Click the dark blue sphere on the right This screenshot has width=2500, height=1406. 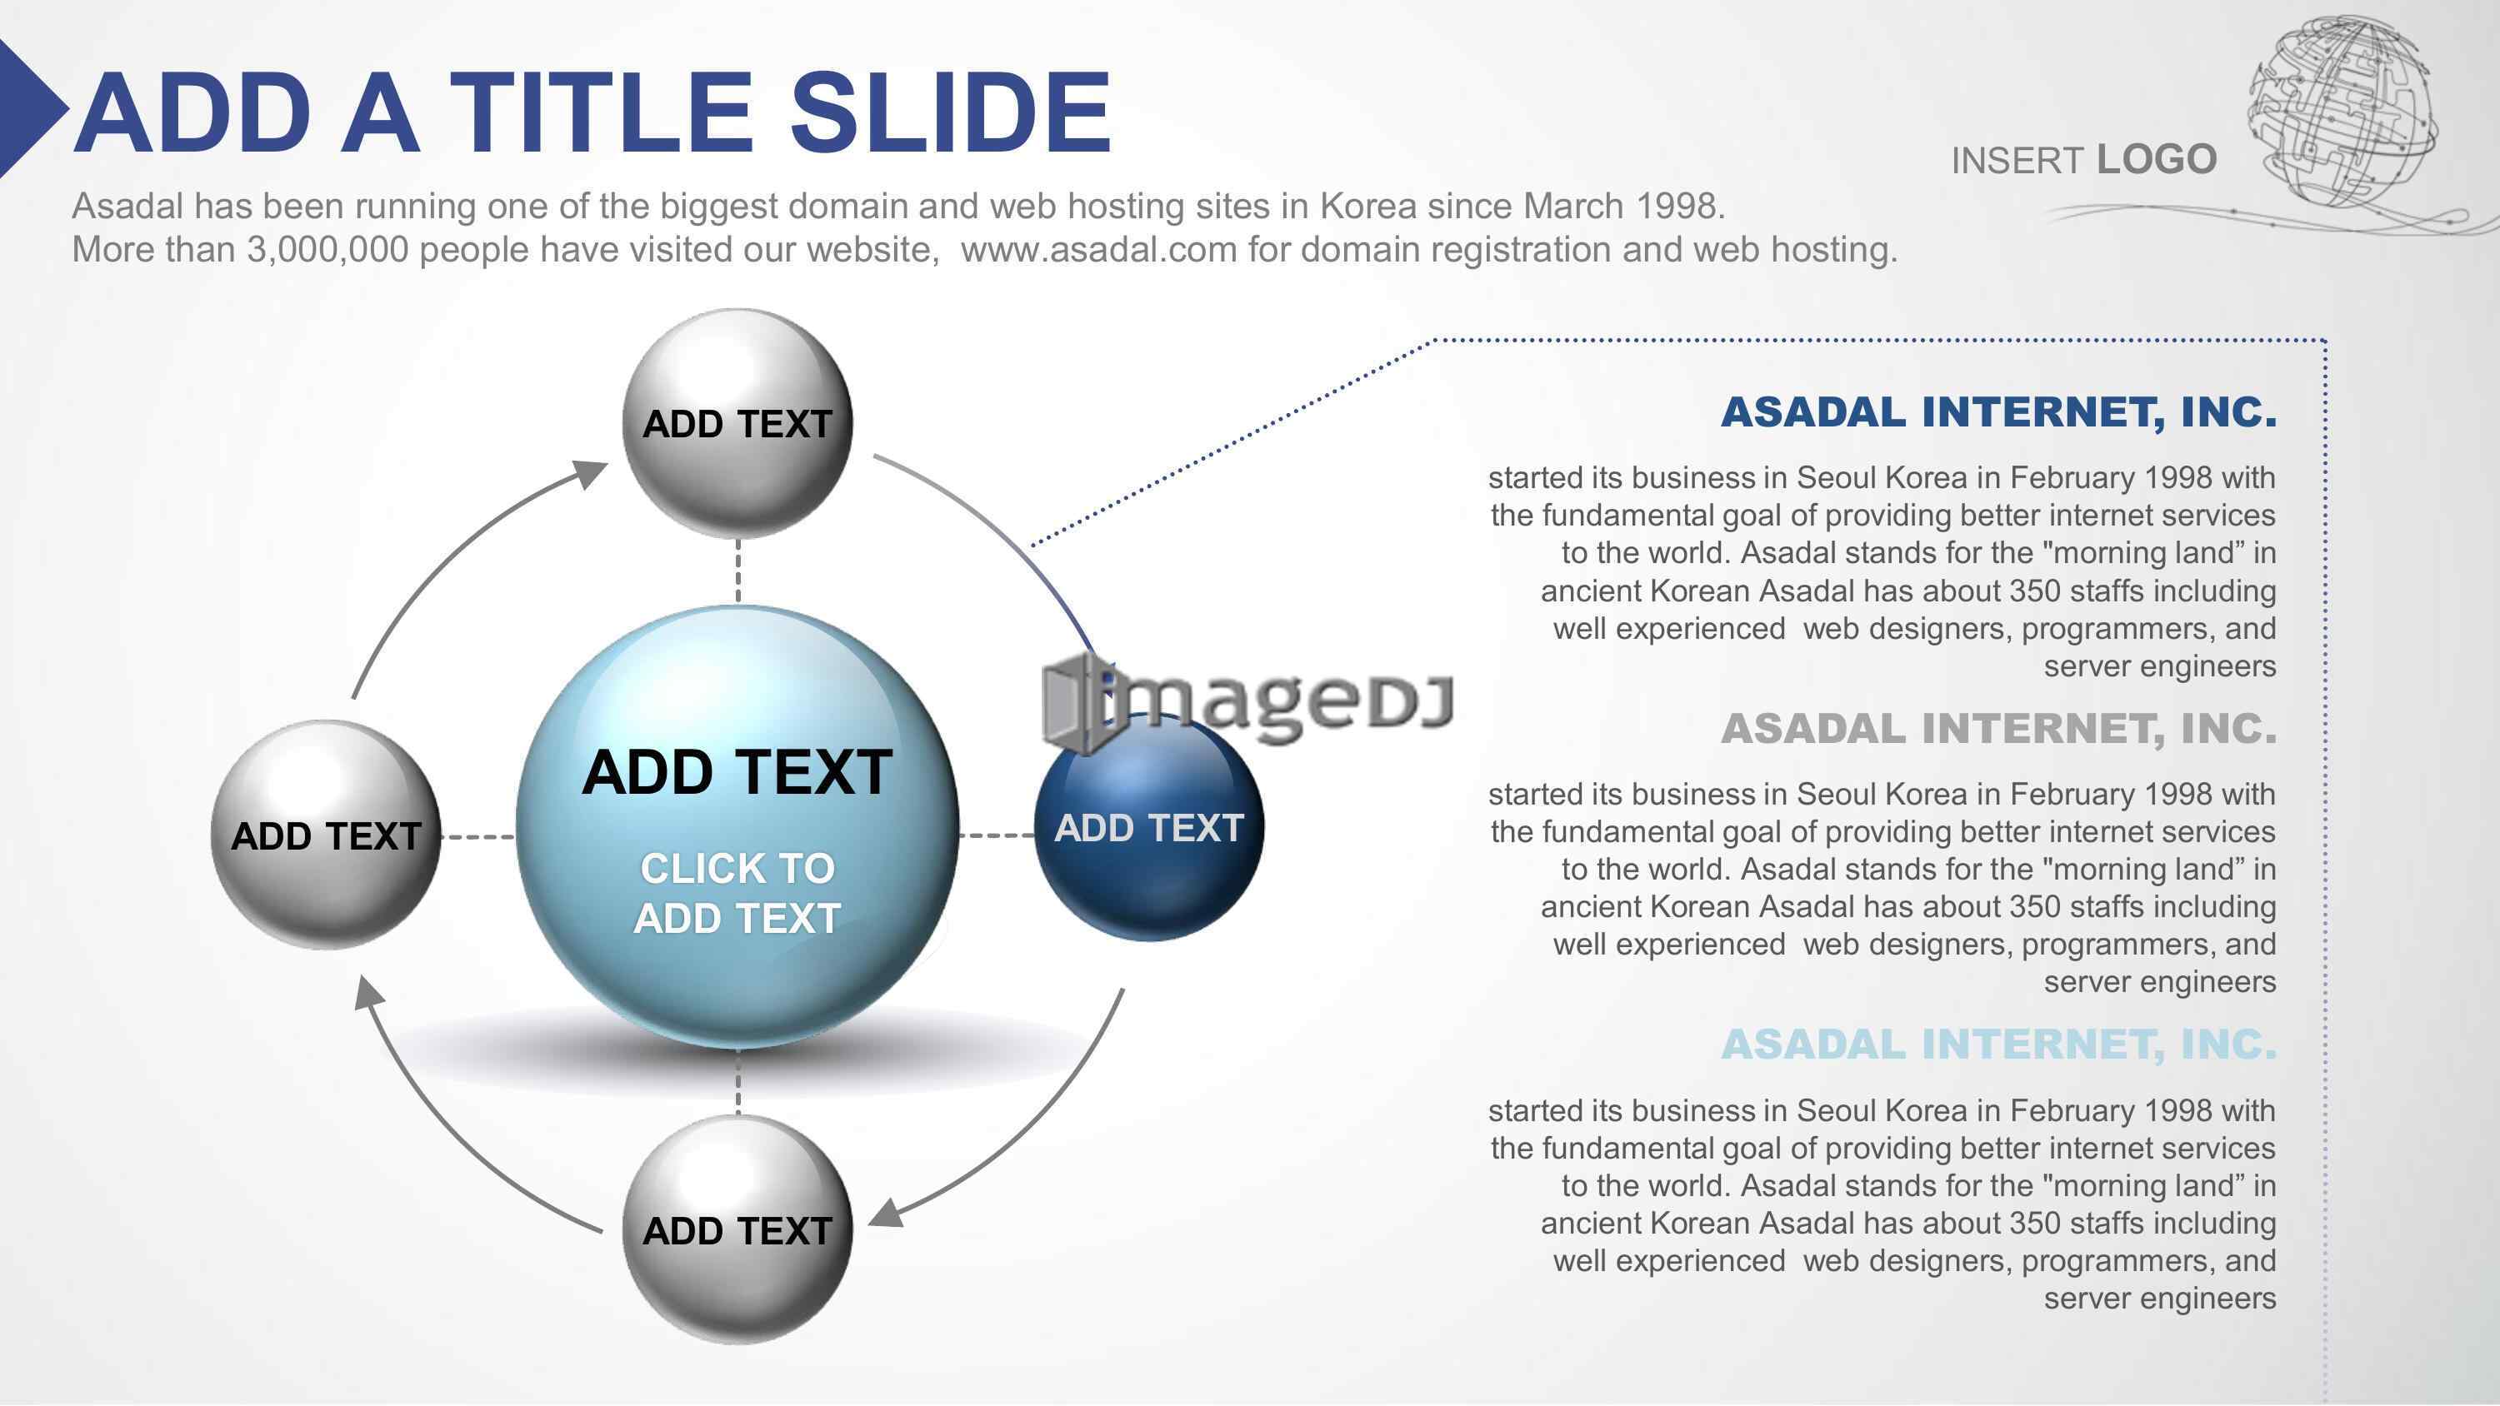[1149, 828]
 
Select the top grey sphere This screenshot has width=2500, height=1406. [737, 424]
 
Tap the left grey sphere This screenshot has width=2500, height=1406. [326, 835]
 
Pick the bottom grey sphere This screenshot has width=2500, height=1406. [737, 1229]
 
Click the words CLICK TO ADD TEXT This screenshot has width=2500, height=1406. [737, 893]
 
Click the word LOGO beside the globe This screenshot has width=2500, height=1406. [2157, 159]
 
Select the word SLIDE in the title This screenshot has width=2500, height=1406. [950, 112]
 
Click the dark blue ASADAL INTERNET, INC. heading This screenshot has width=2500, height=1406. [1998, 412]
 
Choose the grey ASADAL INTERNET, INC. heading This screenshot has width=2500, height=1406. [1998, 729]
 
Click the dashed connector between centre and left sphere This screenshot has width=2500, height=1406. [477, 835]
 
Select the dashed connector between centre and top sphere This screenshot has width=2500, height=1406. [737, 571]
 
